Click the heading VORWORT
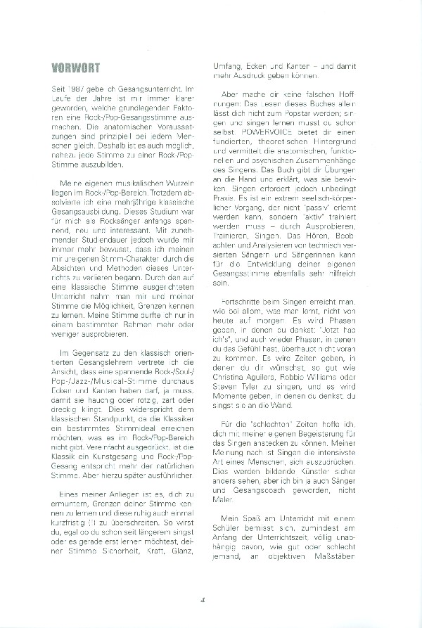(71, 68)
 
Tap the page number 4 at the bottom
(203, 600)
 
